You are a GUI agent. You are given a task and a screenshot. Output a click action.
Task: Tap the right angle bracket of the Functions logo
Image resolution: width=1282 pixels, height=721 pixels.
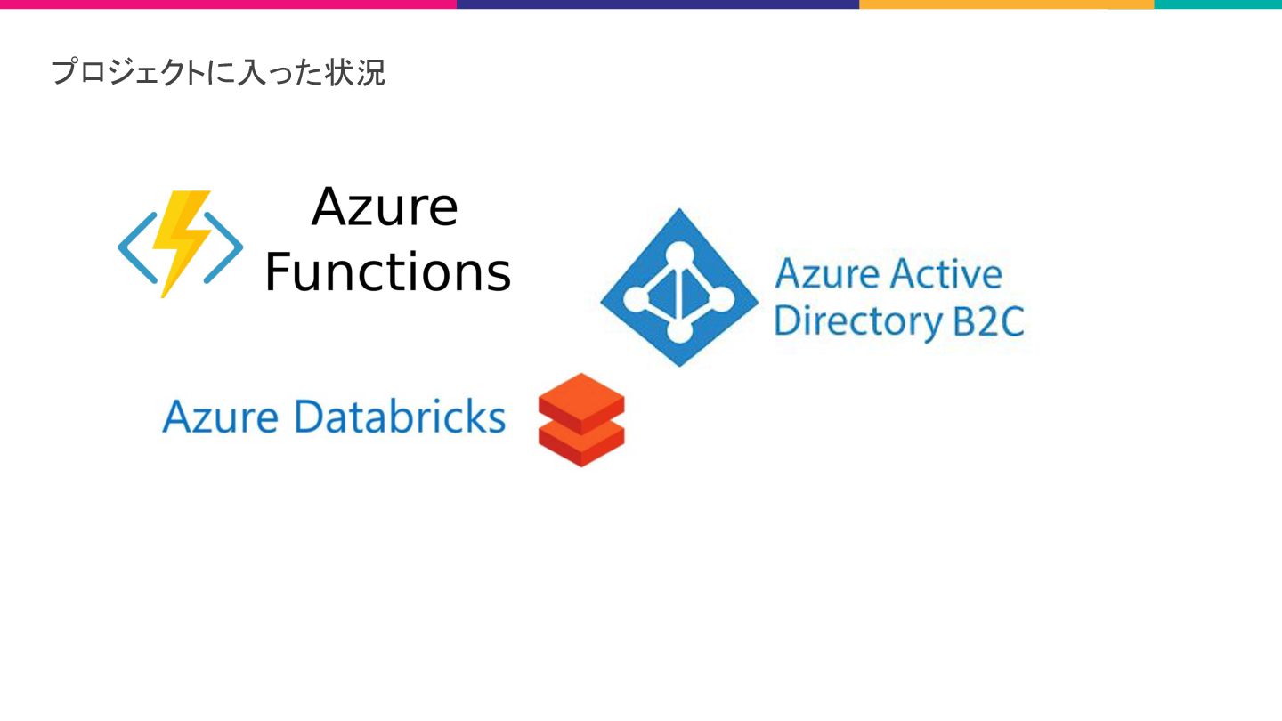(228, 248)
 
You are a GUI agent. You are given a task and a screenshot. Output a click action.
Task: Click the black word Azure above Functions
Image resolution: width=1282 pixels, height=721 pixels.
(385, 207)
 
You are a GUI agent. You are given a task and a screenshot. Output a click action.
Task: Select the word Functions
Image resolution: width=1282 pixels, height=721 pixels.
(388, 272)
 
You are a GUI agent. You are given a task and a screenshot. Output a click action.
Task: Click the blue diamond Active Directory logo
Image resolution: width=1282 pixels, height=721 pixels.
(679, 288)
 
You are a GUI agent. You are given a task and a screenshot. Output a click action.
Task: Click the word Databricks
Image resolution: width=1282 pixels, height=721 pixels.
(400, 417)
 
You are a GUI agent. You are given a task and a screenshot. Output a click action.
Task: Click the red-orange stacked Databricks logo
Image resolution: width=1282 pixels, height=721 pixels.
(581, 419)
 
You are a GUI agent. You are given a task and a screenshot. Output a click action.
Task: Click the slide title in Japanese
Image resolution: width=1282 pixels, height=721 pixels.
(218, 72)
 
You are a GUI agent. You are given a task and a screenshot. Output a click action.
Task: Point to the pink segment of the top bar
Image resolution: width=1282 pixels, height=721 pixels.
(228, 4)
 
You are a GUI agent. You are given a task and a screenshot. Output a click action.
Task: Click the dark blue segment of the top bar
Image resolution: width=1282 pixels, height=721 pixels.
(658, 4)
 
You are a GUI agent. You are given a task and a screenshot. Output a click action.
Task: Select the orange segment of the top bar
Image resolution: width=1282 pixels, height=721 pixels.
(1006, 4)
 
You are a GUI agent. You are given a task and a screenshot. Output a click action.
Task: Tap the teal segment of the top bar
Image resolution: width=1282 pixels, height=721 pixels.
(1218, 4)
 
